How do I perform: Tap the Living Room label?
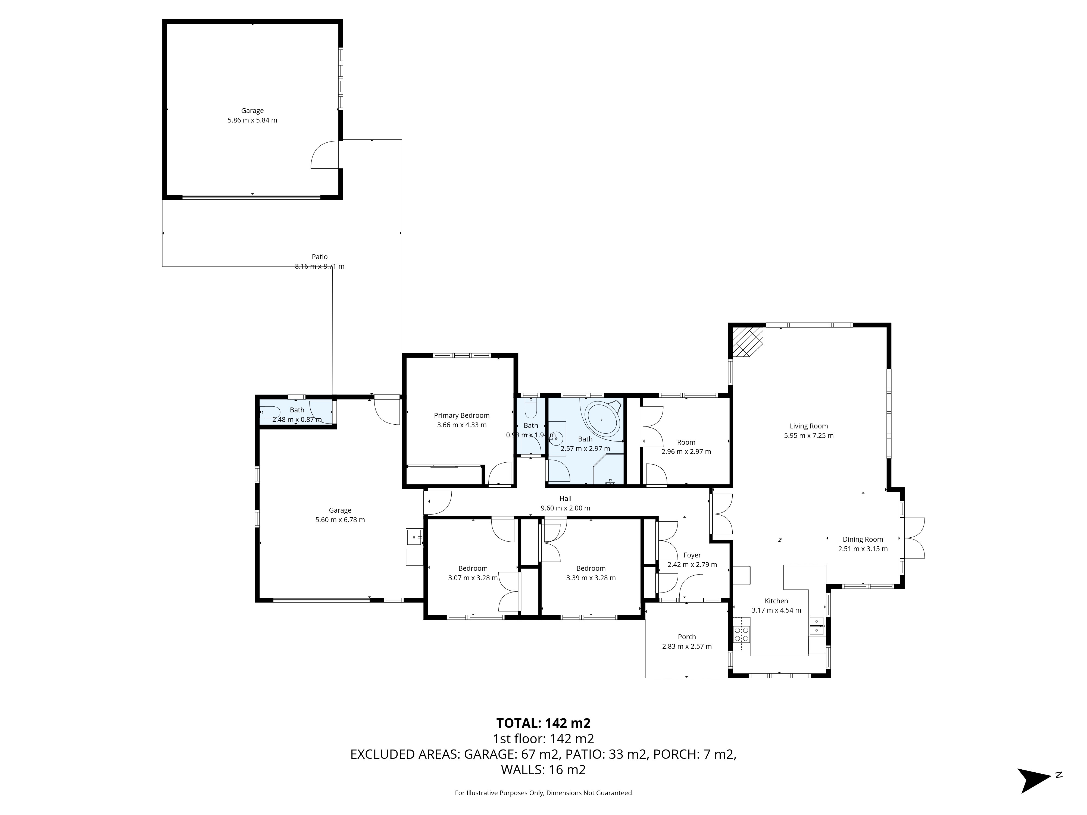[x=808, y=426]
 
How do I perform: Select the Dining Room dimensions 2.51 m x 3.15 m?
[x=863, y=549]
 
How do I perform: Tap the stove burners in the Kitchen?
[x=742, y=634]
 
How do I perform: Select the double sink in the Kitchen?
[x=816, y=626]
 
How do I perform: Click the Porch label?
[x=686, y=637]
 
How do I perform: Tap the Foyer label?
[x=692, y=555]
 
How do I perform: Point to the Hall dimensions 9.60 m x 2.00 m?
[x=565, y=508]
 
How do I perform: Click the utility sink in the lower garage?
[x=414, y=537]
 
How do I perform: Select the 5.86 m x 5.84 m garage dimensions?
[x=252, y=120]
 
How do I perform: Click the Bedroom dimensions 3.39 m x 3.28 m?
[x=591, y=578]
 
